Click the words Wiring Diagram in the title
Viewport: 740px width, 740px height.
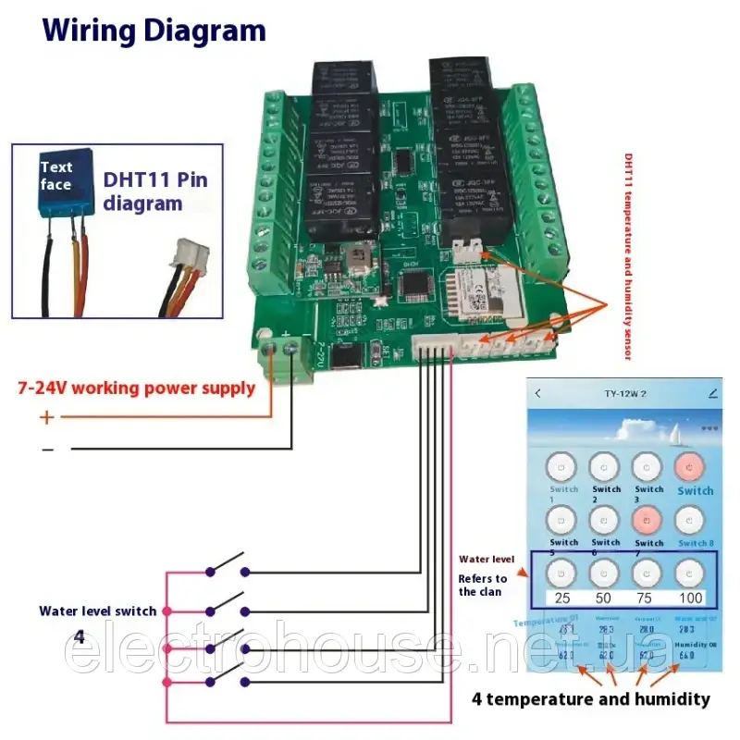pos(154,31)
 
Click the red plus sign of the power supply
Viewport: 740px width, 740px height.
pos(47,417)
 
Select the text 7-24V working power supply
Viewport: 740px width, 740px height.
pos(137,388)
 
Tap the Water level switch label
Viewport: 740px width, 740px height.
pos(97,610)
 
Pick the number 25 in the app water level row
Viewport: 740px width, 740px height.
pos(562,598)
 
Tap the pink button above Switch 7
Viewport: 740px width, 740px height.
pos(647,521)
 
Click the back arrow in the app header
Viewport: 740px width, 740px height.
pos(538,393)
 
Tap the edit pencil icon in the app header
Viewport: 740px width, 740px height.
pos(712,393)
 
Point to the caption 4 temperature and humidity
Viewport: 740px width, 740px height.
pos(590,698)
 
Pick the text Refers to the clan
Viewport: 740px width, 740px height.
pos(483,585)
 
